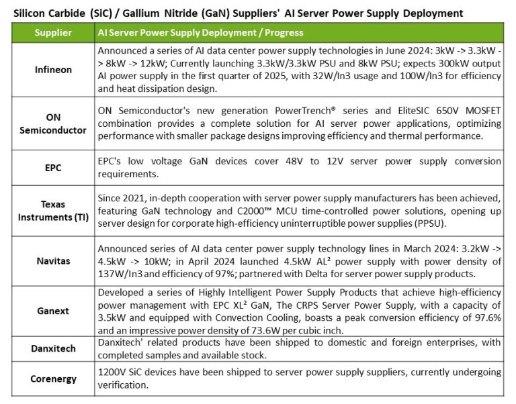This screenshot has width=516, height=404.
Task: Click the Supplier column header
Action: pos(54,32)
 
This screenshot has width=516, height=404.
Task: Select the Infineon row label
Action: pos(54,69)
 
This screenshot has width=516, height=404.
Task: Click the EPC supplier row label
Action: pos(54,167)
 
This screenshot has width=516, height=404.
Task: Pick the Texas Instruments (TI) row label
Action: pos(54,209)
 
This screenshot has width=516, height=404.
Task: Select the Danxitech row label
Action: pos(54,348)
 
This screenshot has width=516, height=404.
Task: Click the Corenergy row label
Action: pos(54,378)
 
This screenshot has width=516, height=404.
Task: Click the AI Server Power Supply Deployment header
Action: pos(200,32)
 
